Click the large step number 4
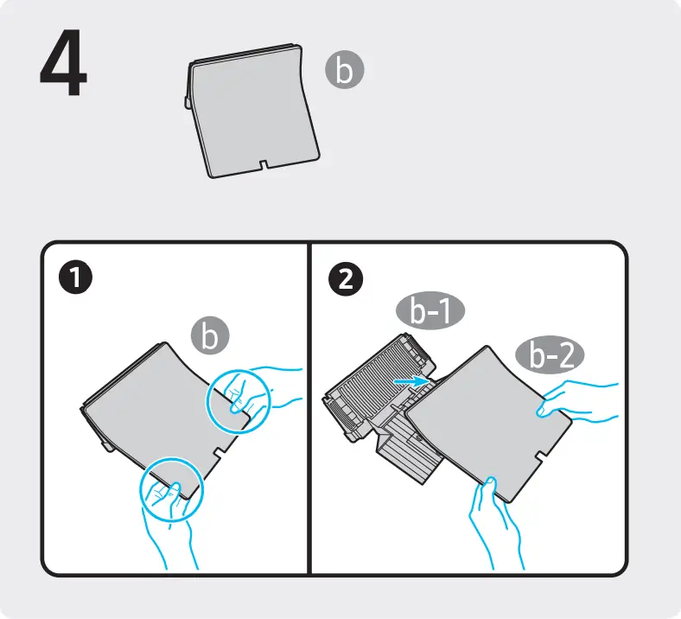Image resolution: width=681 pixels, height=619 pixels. pyautogui.click(x=63, y=62)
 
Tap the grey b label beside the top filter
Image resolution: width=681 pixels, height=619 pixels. pyautogui.click(x=345, y=70)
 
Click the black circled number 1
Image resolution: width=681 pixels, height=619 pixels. pyautogui.click(x=75, y=278)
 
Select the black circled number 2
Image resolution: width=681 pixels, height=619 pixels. pyautogui.click(x=346, y=279)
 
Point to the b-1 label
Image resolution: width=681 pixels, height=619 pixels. pyautogui.click(x=430, y=310)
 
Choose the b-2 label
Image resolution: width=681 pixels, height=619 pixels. pyautogui.click(x=550, y=355)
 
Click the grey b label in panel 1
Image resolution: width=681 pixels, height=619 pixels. pyautogui.click(x=210, y=335)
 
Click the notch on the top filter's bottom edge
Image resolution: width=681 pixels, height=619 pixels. pyautogui.click(x=264, y=164)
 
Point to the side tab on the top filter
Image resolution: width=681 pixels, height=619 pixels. pyautogui.click(x=188, y=102)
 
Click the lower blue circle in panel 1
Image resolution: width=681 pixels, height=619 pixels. pyautogui.click(x=172, y=489)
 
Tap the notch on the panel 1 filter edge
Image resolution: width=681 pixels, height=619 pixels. pyautogui.click(x=219, y=452)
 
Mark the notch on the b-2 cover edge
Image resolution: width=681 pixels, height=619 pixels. pyautogui.click(x=542, y=457)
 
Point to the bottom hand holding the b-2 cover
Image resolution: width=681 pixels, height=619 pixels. pyautogui.click(x=495, y=521)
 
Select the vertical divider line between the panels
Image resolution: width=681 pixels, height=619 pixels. pyautogui.click(x=309, y=408)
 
